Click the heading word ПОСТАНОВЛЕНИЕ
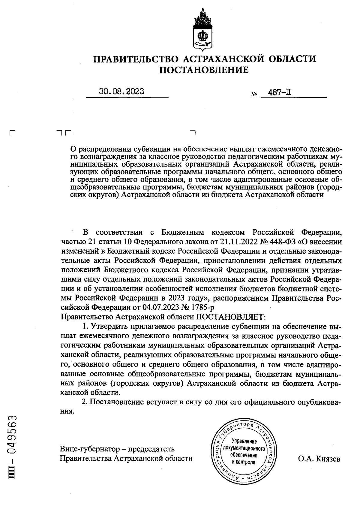(x=204, y=70)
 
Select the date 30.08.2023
(x=121, y=91)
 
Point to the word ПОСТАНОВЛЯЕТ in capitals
(x=231, y=316)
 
